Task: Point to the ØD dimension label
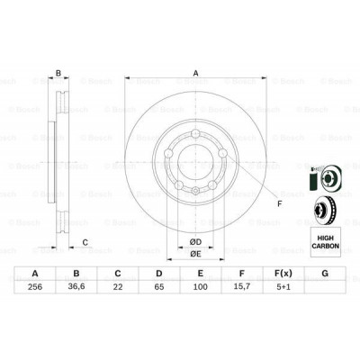(193, 239)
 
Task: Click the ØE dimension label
(193, 253)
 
